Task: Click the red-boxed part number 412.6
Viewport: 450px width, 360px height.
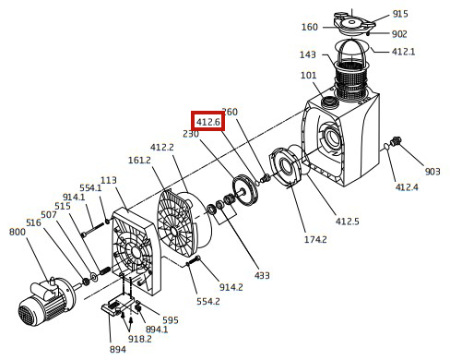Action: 208,122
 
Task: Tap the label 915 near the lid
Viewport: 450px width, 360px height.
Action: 400,14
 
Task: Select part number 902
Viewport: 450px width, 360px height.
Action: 399,34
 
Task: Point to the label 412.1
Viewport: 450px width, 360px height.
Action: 403,52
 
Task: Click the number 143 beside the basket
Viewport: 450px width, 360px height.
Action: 308,54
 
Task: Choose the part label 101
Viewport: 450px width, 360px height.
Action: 308,75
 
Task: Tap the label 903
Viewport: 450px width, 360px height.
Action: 432,172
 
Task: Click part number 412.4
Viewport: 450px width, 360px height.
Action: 407,187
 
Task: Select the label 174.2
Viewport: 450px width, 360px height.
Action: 315,239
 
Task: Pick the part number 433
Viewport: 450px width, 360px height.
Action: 262,275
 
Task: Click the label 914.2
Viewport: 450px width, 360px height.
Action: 231,287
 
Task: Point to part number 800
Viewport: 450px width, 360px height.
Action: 18,232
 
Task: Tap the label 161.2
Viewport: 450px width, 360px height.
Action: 139,160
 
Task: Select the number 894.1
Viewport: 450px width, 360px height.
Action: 157,330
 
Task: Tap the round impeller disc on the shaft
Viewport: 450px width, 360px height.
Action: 245,191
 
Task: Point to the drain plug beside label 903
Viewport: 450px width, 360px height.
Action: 395,142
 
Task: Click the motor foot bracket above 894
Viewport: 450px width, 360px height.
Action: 119,306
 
